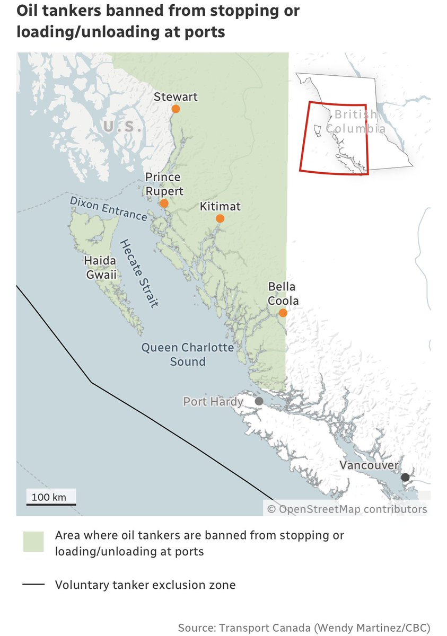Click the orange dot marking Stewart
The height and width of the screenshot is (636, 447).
(176, 109)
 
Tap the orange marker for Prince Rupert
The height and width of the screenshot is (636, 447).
(164, 203)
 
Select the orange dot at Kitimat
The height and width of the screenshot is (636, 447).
(220, 218)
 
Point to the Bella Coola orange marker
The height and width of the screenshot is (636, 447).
(283, 313)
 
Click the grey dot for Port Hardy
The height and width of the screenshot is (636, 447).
(259, 401)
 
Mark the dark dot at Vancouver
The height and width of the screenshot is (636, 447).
(405, 477)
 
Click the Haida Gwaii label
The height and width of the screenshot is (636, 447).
(100, 268)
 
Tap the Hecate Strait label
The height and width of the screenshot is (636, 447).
(139, 273)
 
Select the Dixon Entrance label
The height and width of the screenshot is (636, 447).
(108, 208)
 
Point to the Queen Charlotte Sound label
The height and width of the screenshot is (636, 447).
(187, 355)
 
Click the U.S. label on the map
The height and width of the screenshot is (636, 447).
(122, 128)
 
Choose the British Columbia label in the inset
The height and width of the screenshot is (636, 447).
(355, 121)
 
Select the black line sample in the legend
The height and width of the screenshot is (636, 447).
(33, 585)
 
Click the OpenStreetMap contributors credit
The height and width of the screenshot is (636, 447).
(347, 509)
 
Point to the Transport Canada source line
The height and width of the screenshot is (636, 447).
(304, 628)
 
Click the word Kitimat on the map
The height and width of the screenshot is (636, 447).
(220, 206)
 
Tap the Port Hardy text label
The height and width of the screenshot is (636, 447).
(213, 401)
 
